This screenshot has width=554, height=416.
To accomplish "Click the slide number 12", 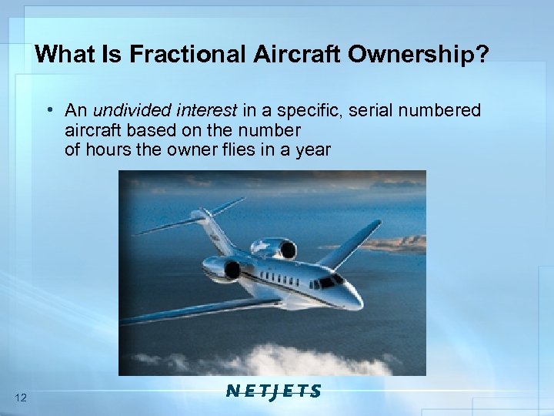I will (21, 398).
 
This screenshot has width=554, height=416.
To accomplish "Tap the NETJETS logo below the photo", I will (274, 391).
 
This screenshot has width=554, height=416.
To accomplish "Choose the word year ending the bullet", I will (312, 149).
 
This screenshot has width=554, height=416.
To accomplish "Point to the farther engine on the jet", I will (279, 248).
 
